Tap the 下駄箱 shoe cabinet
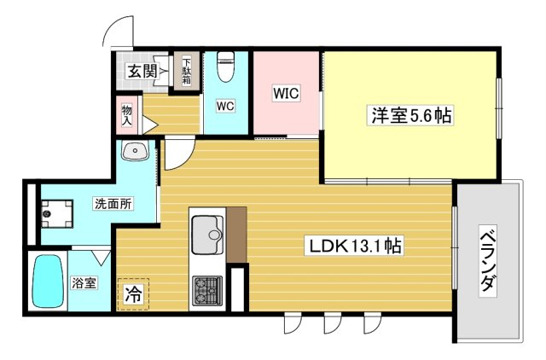coord(187,72)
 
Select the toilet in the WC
coord(225,67)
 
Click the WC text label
coord(225,106)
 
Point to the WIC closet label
coord(286,93)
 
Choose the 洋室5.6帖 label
coord(411,115)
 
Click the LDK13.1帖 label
coord(355,247)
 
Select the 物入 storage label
coord(127,115)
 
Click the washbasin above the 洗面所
coord(135,150)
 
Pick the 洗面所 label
coord(113,204)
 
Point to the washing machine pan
coord(57,214)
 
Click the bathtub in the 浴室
coord(49,282)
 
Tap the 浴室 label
coord(84,282)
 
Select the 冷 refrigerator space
coord(133,294)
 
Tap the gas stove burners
coord(207,291)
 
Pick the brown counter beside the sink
coord(237,235)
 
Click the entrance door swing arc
coord(119,31)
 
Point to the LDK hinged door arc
coord(180,155)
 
